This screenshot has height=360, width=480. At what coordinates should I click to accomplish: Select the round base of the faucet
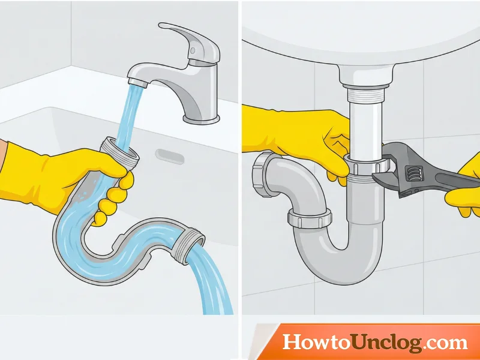(201, 119)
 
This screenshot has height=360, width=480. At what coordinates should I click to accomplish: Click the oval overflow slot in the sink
(170, 157)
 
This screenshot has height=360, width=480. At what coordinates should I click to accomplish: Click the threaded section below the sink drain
(366, 94)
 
